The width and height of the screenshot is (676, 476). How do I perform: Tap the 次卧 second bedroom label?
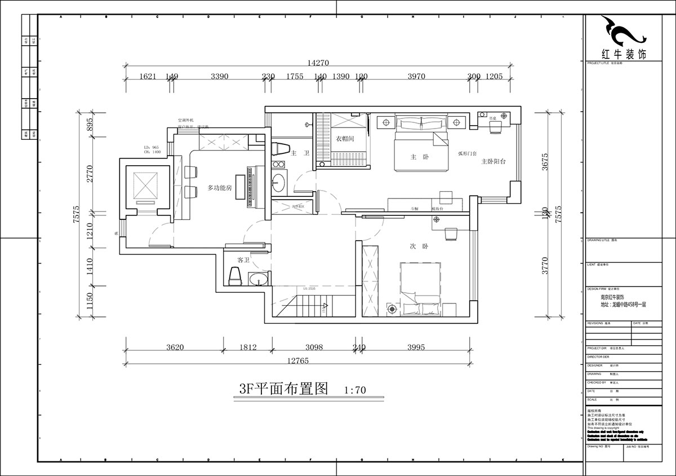pyautogui.click(x=416, y=246)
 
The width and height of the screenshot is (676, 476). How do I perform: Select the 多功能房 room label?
pyautogui.click(x=220, y=188)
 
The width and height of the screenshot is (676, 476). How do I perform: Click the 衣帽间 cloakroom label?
pyautogui.click(x=345, y=139)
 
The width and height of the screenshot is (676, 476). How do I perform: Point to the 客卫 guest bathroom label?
pyautogui.click(x=243, y=260)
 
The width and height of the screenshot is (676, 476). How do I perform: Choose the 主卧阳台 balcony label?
pyautogui.click(x=493, y=161)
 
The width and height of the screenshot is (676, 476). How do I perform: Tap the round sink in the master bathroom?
pyautogui.click(x=279, y=182)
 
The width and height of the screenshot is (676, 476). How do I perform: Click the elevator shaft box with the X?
pyautogui.click(x=145, y=184)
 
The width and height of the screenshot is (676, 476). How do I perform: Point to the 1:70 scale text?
pyautogui.click(x=355, y=390)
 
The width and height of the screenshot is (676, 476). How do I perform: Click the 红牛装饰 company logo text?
pyautogui.click(x=625, y=55)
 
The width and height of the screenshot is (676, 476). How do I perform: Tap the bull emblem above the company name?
pyautogui.click(x=622, y=32)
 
